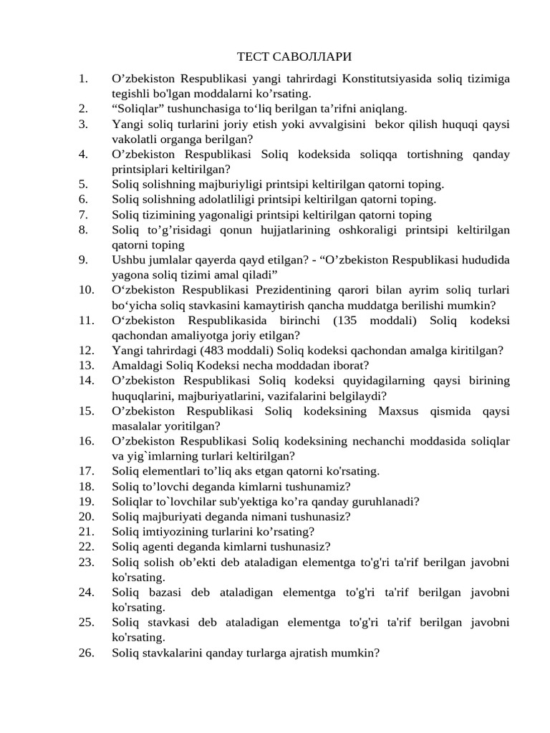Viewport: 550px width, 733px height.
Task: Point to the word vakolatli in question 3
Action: pos(132,139)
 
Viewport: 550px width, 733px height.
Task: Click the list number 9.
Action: pos(83,260)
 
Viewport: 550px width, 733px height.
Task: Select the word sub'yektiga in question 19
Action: pos(241,501)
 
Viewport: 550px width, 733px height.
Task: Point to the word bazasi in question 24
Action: pos(162,591)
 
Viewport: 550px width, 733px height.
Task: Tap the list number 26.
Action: pos(86,653)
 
